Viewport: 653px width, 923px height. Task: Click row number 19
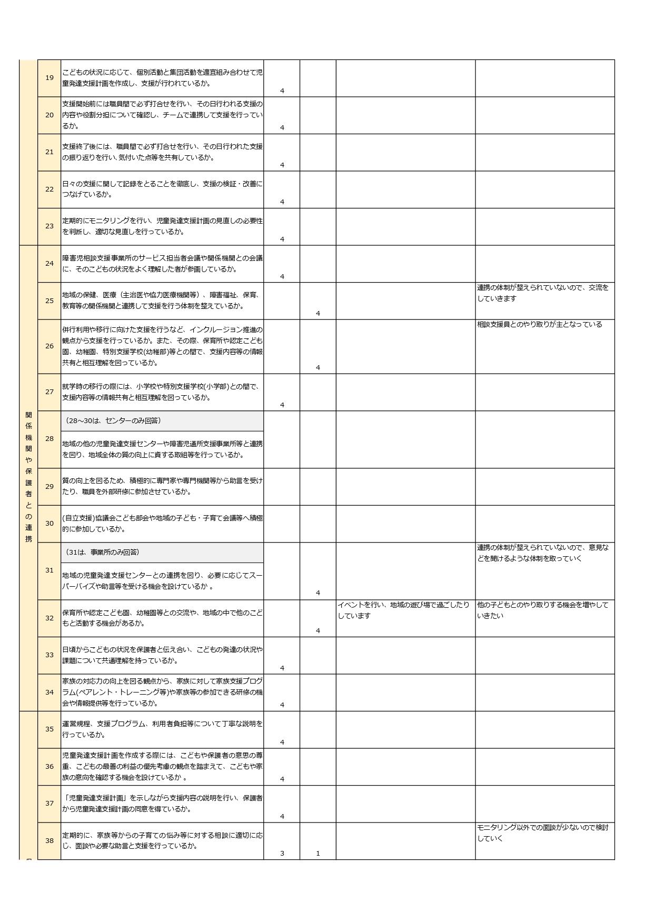click(x=49, y=78)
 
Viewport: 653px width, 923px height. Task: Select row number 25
click(x=49, y=300)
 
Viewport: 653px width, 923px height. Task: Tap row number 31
click(x=49, y=570)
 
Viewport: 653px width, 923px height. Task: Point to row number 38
click(x=49, y=840)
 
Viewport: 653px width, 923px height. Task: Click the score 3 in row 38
click(x=282, y=853)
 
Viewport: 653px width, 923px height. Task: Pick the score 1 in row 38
click(x=318, y=853)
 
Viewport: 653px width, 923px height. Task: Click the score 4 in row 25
click(x=318, y=313)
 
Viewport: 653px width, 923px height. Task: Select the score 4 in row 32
click(x=318, y=630)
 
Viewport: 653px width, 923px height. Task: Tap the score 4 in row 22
click(x=282, y=202)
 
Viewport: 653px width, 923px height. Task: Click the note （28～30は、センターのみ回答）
click(x=113, y=420)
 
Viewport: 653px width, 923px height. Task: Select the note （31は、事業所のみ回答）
click(x=103, y=552)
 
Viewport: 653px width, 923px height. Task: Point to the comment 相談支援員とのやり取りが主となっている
click(x=539, y=324)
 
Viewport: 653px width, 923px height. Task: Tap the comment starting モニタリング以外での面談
click(x=542, y=832)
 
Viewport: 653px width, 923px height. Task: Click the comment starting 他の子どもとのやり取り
click(x=542, y=610)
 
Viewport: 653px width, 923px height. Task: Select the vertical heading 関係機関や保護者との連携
click(x=28, y=477)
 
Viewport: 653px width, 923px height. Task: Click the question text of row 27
click(x=161, y=392)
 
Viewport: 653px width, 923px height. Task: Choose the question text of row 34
click(x=162, y=692)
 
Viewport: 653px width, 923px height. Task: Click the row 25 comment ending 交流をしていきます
click(x=542, y=293)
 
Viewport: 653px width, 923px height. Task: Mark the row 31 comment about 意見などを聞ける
click(x=542, y=553)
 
